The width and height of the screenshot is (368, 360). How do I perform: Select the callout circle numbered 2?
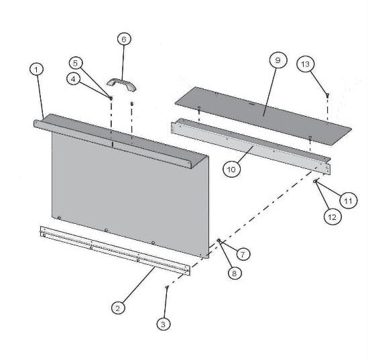point(118,308)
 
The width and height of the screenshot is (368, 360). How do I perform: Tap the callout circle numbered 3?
point(163,324)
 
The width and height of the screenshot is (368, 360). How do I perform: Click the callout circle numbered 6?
point(123,39)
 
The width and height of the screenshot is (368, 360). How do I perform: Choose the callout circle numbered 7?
point(242,254)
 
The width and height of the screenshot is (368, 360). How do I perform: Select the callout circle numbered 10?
point(231,170)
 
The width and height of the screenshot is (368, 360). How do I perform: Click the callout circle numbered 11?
point(347,198)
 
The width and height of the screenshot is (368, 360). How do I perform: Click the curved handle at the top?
point(122,83)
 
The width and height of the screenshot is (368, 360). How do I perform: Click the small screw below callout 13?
point(326,95)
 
